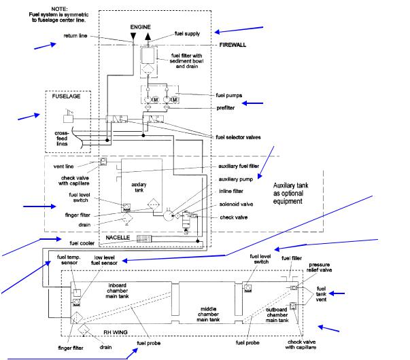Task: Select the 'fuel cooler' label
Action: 82,241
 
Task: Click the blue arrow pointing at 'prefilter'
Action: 252,103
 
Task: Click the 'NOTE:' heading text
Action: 65,7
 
